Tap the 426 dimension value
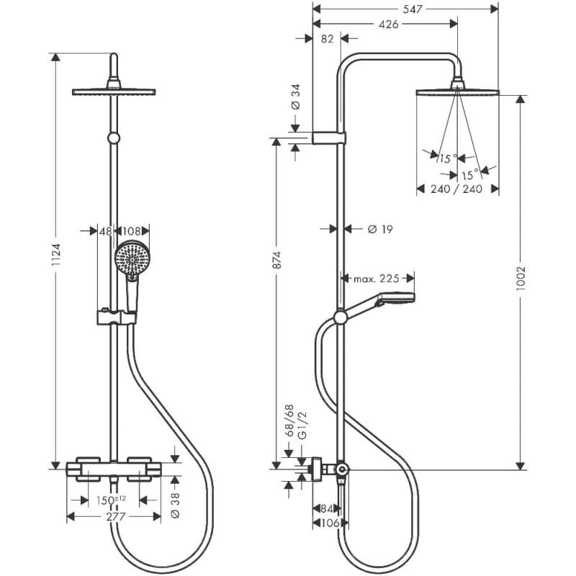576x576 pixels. click(388, 24)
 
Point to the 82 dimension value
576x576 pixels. click(328, 40)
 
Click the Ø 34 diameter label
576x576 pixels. click(295, 96)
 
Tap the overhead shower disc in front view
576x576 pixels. click(114, 91)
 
